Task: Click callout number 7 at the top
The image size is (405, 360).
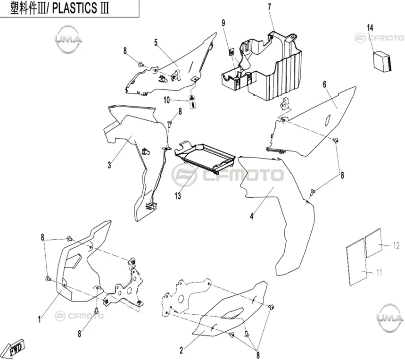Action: [x=270, y=7]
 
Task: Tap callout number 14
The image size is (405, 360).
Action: [x=370, y=28]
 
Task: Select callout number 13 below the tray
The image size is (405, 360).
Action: [x=178, y=196]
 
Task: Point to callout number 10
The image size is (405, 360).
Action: [x=166, y=100]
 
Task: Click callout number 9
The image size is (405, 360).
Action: [x=223, y=23]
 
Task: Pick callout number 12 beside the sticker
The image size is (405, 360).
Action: [x=396, y=245]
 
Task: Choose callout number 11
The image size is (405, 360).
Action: [x=379, y=273]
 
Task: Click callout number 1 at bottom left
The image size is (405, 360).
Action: [x=40, y=320]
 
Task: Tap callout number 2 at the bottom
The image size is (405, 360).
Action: [x=182, y=351]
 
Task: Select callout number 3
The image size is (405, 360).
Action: [x=109, y=165]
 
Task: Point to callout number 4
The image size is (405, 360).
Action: [x=252, y=216]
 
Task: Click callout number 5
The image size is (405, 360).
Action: [x=156, y=42]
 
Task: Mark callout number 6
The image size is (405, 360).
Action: [x=324, y=84]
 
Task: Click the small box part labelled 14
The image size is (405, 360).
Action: [x=382, y=61]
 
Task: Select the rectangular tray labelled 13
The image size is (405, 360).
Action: [x=205, y=157]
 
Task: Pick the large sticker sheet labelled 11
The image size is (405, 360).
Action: [x=357, y=262]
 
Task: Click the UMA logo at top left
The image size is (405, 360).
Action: [x=68, y=39]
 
